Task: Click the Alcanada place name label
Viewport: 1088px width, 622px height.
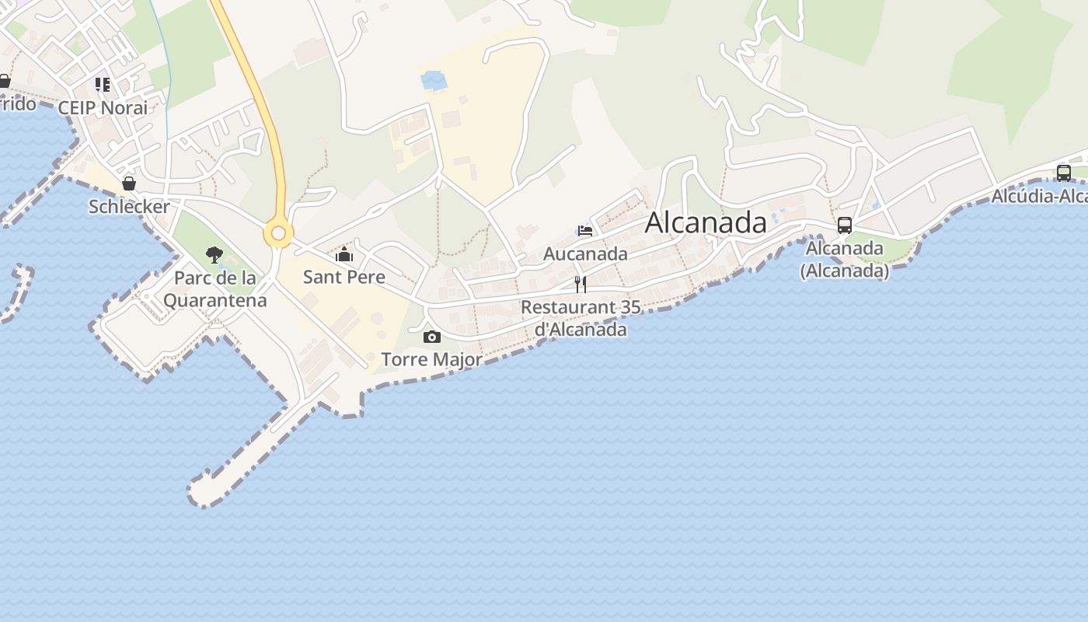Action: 706,222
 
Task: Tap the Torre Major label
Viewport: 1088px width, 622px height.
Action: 431,359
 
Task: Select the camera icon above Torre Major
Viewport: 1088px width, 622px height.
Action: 432,337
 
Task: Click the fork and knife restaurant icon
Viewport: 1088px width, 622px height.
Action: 580,284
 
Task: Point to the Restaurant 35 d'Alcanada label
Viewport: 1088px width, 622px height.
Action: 581,318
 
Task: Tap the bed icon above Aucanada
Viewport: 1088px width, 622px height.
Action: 585,231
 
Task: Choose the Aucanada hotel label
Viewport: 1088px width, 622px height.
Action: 585,253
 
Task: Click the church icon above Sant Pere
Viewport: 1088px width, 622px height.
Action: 343,254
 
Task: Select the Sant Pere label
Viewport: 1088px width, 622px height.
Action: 343,277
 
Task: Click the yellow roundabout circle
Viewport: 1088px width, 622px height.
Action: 277,233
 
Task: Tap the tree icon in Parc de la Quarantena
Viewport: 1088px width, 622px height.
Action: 214,254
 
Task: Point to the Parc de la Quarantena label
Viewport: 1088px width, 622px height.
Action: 215,288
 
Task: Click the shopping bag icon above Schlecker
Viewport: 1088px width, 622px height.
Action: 129,183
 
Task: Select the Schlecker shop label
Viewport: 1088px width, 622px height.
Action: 129,207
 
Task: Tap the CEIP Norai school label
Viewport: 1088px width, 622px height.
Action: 103,107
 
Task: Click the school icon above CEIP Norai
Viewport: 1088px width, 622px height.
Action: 103,84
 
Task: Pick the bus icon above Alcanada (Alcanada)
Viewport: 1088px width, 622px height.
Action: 845,225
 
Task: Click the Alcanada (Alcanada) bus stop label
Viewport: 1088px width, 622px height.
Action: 845,259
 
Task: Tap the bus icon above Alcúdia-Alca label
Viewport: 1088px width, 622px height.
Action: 1064,173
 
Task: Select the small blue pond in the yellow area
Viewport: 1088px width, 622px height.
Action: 434,80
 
